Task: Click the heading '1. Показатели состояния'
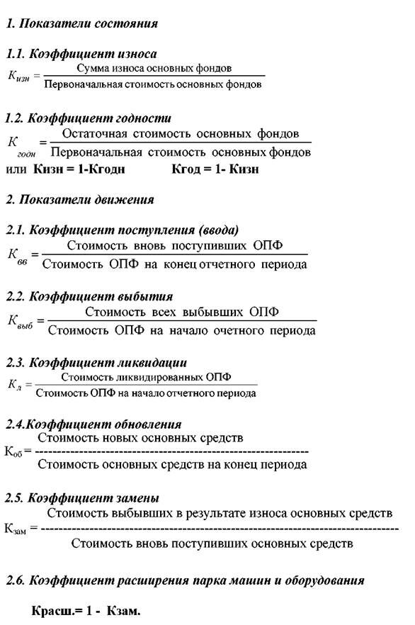(81, 23)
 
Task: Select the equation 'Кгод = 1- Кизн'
(215, 170)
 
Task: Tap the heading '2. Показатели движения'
(79, 200)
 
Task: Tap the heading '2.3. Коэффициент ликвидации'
(96, 363)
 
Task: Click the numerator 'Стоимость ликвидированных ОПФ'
(147, 377)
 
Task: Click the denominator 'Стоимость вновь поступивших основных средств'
(212, 544)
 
